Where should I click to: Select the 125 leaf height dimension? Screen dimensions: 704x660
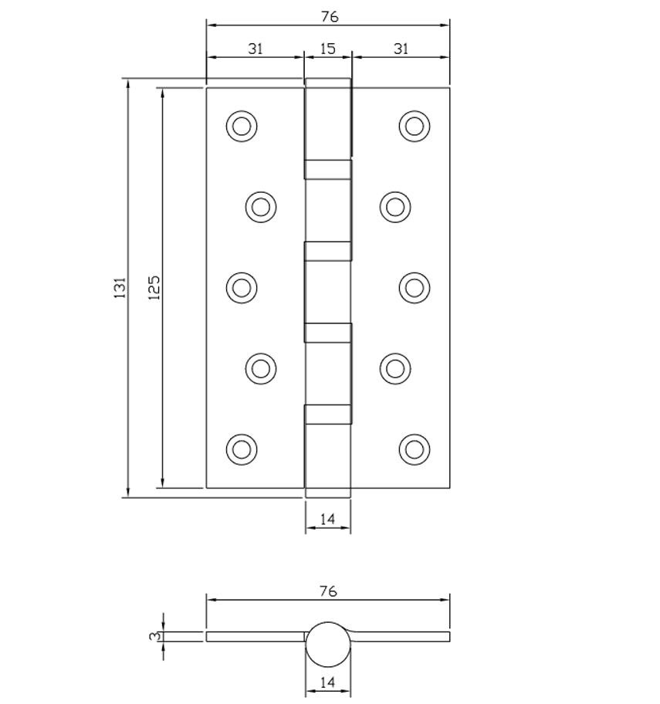154,287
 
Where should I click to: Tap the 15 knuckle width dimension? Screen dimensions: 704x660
327,49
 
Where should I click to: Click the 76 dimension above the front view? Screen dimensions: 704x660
328,16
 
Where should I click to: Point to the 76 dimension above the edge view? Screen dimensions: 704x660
328,591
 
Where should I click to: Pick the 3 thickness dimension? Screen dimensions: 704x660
154,636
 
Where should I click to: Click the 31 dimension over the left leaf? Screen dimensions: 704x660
256,49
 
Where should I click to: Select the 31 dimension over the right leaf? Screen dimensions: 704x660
401,49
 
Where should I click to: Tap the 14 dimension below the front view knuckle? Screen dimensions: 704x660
327,520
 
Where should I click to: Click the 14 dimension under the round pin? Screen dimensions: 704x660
327,682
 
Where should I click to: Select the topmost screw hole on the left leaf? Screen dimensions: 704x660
241,126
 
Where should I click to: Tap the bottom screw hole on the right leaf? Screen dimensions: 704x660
415,448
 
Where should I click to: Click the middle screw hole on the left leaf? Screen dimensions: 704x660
241,287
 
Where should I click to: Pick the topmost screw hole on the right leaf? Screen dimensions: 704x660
415,126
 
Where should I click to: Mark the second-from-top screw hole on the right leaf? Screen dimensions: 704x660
395,206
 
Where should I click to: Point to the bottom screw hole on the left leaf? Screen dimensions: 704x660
241,448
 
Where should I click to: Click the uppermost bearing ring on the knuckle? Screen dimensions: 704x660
328,169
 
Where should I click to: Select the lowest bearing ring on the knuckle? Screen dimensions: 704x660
328,415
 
